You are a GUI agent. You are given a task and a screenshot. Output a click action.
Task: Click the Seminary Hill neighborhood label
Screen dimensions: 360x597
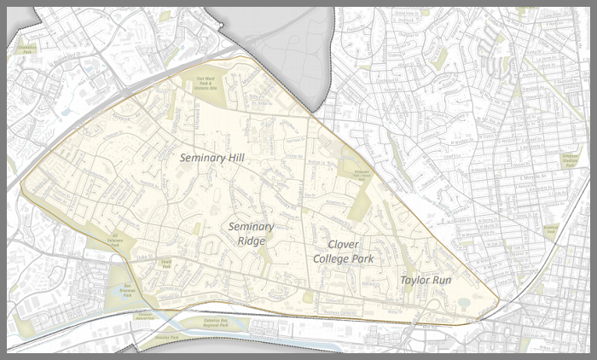(x=212, y=158)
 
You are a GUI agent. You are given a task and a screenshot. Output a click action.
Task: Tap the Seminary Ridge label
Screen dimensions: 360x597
(x=251, y=234)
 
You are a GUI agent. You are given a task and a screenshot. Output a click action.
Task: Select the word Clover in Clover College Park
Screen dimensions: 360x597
(x=343, y=244)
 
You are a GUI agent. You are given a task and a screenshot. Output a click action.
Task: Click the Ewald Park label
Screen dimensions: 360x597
(x=167, y=264)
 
